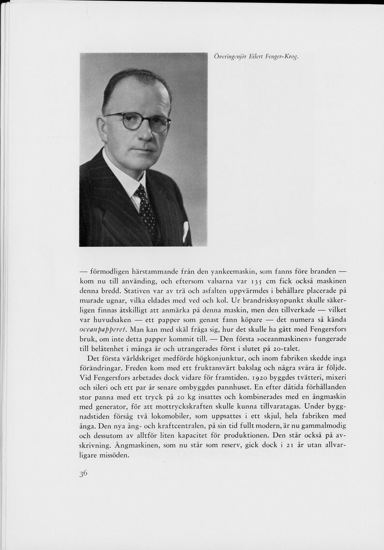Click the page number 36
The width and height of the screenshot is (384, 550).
(83, 474)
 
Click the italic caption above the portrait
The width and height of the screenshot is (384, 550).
(256, 57)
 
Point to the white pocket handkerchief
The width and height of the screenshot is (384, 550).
(185, 231)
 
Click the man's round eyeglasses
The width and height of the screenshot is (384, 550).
(137, 121)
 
